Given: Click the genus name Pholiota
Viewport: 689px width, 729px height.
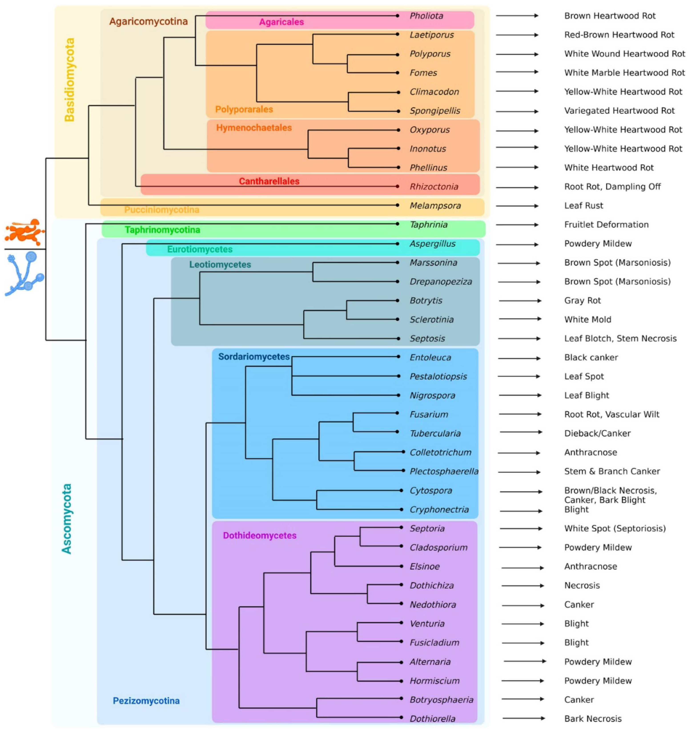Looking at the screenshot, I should [x=426, y=16].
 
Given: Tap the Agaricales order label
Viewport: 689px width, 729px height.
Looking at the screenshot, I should [x=281, y=22].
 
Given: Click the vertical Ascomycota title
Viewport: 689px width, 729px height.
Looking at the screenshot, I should [x=66, y=519].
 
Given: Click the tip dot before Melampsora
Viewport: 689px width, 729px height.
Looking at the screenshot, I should [x=397, y=205].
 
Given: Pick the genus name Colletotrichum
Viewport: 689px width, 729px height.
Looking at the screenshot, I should [x=440, y=452].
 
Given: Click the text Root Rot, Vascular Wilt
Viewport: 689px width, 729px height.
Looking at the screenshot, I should [x=611, y=414].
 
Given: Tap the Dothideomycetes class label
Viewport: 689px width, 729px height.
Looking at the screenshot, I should [x=260, y=535].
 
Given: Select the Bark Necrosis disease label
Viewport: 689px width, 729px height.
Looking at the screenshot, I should [x=593, y=719].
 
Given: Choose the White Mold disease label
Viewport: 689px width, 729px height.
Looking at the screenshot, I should [x=588, y=320].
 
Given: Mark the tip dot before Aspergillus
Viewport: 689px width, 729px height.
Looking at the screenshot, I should [x=397, y=244].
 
